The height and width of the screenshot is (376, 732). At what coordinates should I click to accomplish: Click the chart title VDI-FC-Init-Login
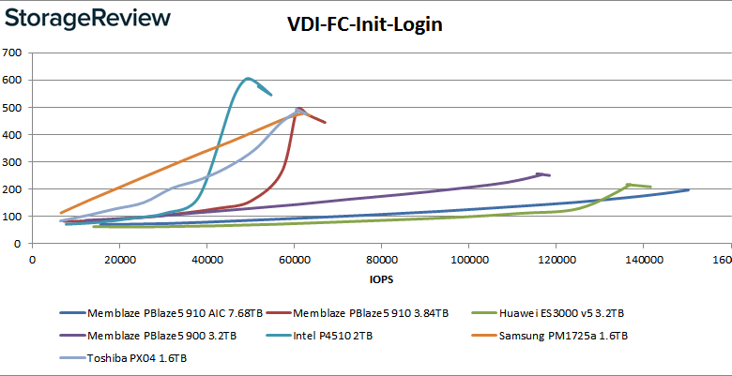click(364, 25)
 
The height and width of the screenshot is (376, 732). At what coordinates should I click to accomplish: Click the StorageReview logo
click(91, 19)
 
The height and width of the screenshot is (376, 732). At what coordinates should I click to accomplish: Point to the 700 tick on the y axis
click(13, 53)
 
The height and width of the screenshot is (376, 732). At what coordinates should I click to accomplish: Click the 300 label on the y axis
click(13, 162)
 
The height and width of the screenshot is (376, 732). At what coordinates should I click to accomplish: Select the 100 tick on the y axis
click(13, 217)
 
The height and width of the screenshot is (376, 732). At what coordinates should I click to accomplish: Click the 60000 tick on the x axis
click(294, 259)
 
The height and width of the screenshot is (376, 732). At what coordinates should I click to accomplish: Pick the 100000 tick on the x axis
click(468, 259)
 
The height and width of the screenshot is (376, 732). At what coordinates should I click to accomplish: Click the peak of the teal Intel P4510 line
click(247, 79)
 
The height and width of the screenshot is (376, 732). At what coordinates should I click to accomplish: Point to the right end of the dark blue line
click(689, 190)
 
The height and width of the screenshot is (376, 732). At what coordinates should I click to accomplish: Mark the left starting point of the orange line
click(61, 213)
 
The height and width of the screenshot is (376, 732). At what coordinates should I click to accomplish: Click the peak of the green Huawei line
click(627, 185)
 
